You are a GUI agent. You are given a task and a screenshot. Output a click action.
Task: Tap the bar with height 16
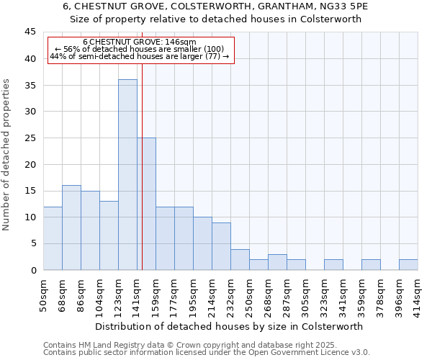pos(71,228)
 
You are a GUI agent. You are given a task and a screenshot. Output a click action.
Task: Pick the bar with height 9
pos(221,246)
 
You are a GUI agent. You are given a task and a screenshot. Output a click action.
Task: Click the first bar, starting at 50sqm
pos(53,238)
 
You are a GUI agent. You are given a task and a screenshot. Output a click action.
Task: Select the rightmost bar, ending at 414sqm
pos(408,264)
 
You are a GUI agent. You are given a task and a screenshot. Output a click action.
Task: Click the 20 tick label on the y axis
pos(30,164)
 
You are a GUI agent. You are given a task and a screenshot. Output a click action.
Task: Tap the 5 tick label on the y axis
pos(33,243)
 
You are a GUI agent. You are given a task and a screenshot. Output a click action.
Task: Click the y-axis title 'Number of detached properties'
pos(7,155)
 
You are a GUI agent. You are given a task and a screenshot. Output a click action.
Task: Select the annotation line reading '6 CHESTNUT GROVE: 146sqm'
pos(139,42)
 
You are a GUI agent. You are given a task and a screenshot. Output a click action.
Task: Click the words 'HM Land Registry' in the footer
pos(107,346)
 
